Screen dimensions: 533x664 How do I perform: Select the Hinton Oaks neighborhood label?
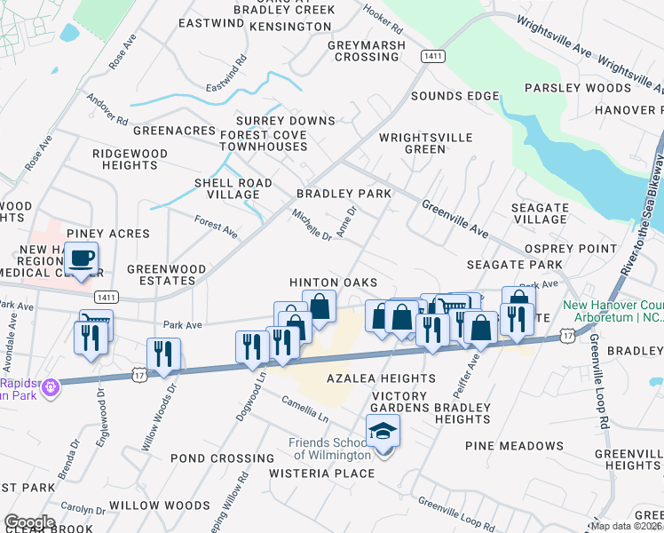328,282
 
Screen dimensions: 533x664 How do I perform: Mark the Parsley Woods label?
577,88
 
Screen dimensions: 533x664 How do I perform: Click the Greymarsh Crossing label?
366,52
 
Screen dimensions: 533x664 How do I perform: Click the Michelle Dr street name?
312,225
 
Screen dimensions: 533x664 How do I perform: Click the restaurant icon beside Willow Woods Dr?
163,354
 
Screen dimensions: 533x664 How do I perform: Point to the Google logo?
28,522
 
